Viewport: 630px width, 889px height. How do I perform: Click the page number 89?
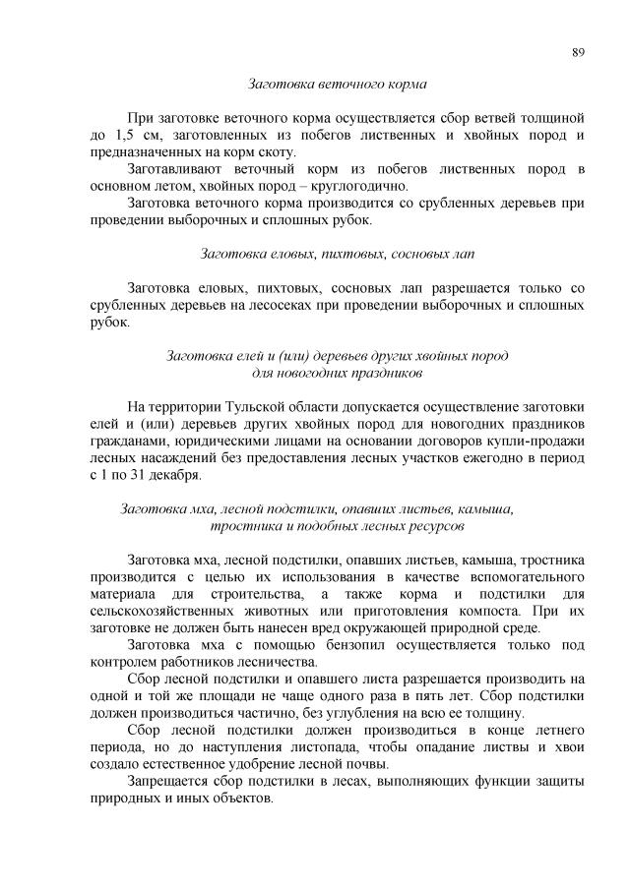tap(578, 52)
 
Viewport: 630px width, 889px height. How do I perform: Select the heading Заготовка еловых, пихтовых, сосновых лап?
tap(337, 254)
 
